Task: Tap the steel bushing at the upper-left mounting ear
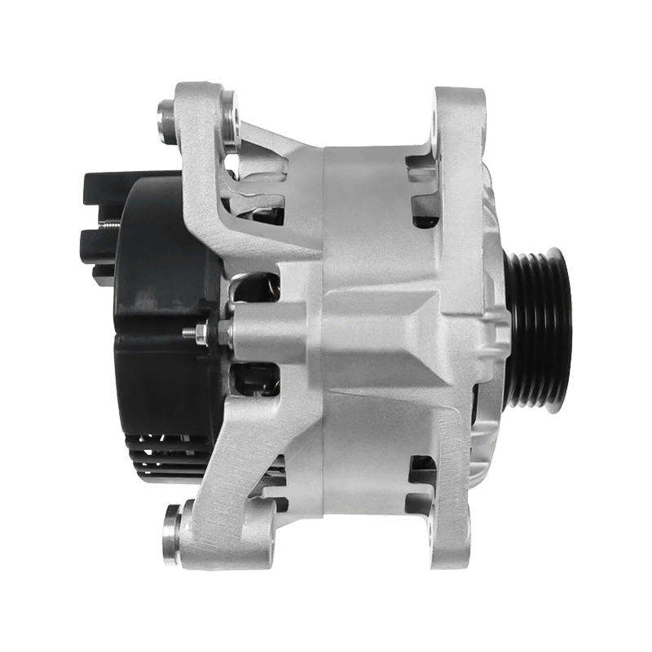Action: coord(168,120)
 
